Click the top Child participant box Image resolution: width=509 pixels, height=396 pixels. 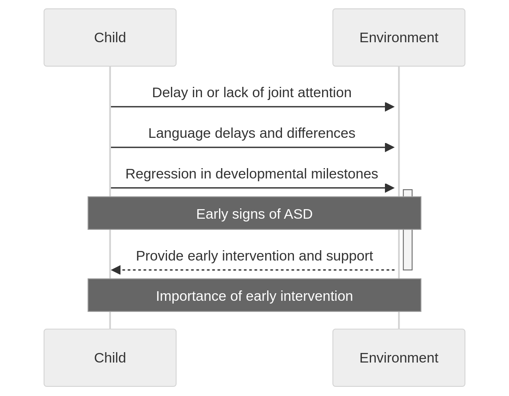110,37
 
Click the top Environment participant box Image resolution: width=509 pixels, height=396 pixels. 398,37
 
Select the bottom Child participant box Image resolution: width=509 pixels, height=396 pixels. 110,357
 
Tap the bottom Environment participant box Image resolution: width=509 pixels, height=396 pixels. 398,357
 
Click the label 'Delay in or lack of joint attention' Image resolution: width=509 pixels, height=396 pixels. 252,92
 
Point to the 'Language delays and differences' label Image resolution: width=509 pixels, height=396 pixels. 252,133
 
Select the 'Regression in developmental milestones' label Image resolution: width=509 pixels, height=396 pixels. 252,174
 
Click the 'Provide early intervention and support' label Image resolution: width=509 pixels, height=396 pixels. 254,256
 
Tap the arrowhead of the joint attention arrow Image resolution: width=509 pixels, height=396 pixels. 389,107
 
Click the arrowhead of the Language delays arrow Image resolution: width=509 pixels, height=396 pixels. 389,147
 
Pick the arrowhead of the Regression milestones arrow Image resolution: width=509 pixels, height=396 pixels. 389,188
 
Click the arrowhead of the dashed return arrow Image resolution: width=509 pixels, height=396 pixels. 116,270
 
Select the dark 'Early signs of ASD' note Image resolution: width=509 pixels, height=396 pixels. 254,213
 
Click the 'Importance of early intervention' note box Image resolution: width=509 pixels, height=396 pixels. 254,295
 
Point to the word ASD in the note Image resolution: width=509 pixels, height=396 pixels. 298,214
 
